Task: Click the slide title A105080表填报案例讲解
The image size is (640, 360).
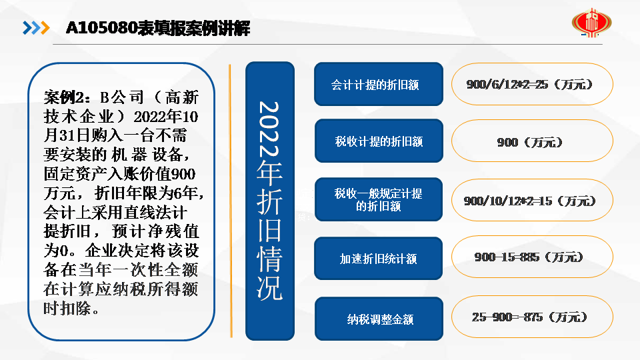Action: click(157, 28)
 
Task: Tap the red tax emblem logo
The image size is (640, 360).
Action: click(591, 23)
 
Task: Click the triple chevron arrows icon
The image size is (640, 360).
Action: click(36, 28)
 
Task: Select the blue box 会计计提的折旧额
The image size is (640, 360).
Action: click(379, 84)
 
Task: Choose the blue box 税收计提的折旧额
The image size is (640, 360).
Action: click(379, 141)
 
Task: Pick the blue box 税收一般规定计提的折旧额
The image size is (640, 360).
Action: click(379, 199)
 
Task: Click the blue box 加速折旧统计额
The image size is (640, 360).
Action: click(379, 259)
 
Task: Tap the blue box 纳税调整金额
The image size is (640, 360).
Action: click(379, 319)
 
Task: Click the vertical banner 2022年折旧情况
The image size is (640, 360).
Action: click(270, 201)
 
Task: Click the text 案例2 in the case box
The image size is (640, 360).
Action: click(64, 97)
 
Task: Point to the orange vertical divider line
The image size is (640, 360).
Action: click(231, 201)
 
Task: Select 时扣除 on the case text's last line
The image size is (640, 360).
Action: click(67, 308)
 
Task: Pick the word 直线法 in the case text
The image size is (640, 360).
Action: click(145, 212)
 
